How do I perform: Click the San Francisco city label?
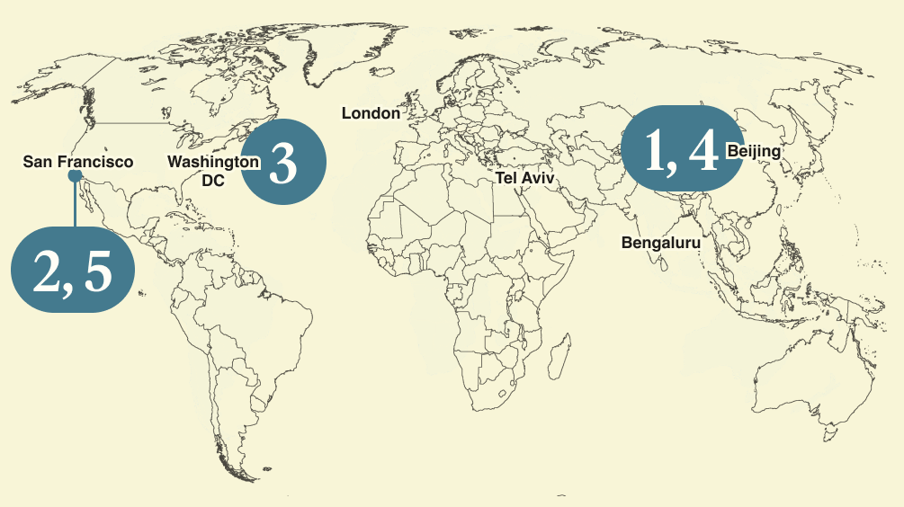tap(77, 163)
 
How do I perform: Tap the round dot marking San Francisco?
tap(75, 177)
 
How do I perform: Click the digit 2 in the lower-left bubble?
tap(46, 271)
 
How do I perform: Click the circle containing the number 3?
tap(283, 163)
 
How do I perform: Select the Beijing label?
tap(754, 151)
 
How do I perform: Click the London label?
tap(371, 113)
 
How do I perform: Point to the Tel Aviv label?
tap(525, 179)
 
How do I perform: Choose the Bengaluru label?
tap(660, 242)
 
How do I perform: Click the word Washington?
tap(213, 162)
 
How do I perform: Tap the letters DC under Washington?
tap(213, 180)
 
